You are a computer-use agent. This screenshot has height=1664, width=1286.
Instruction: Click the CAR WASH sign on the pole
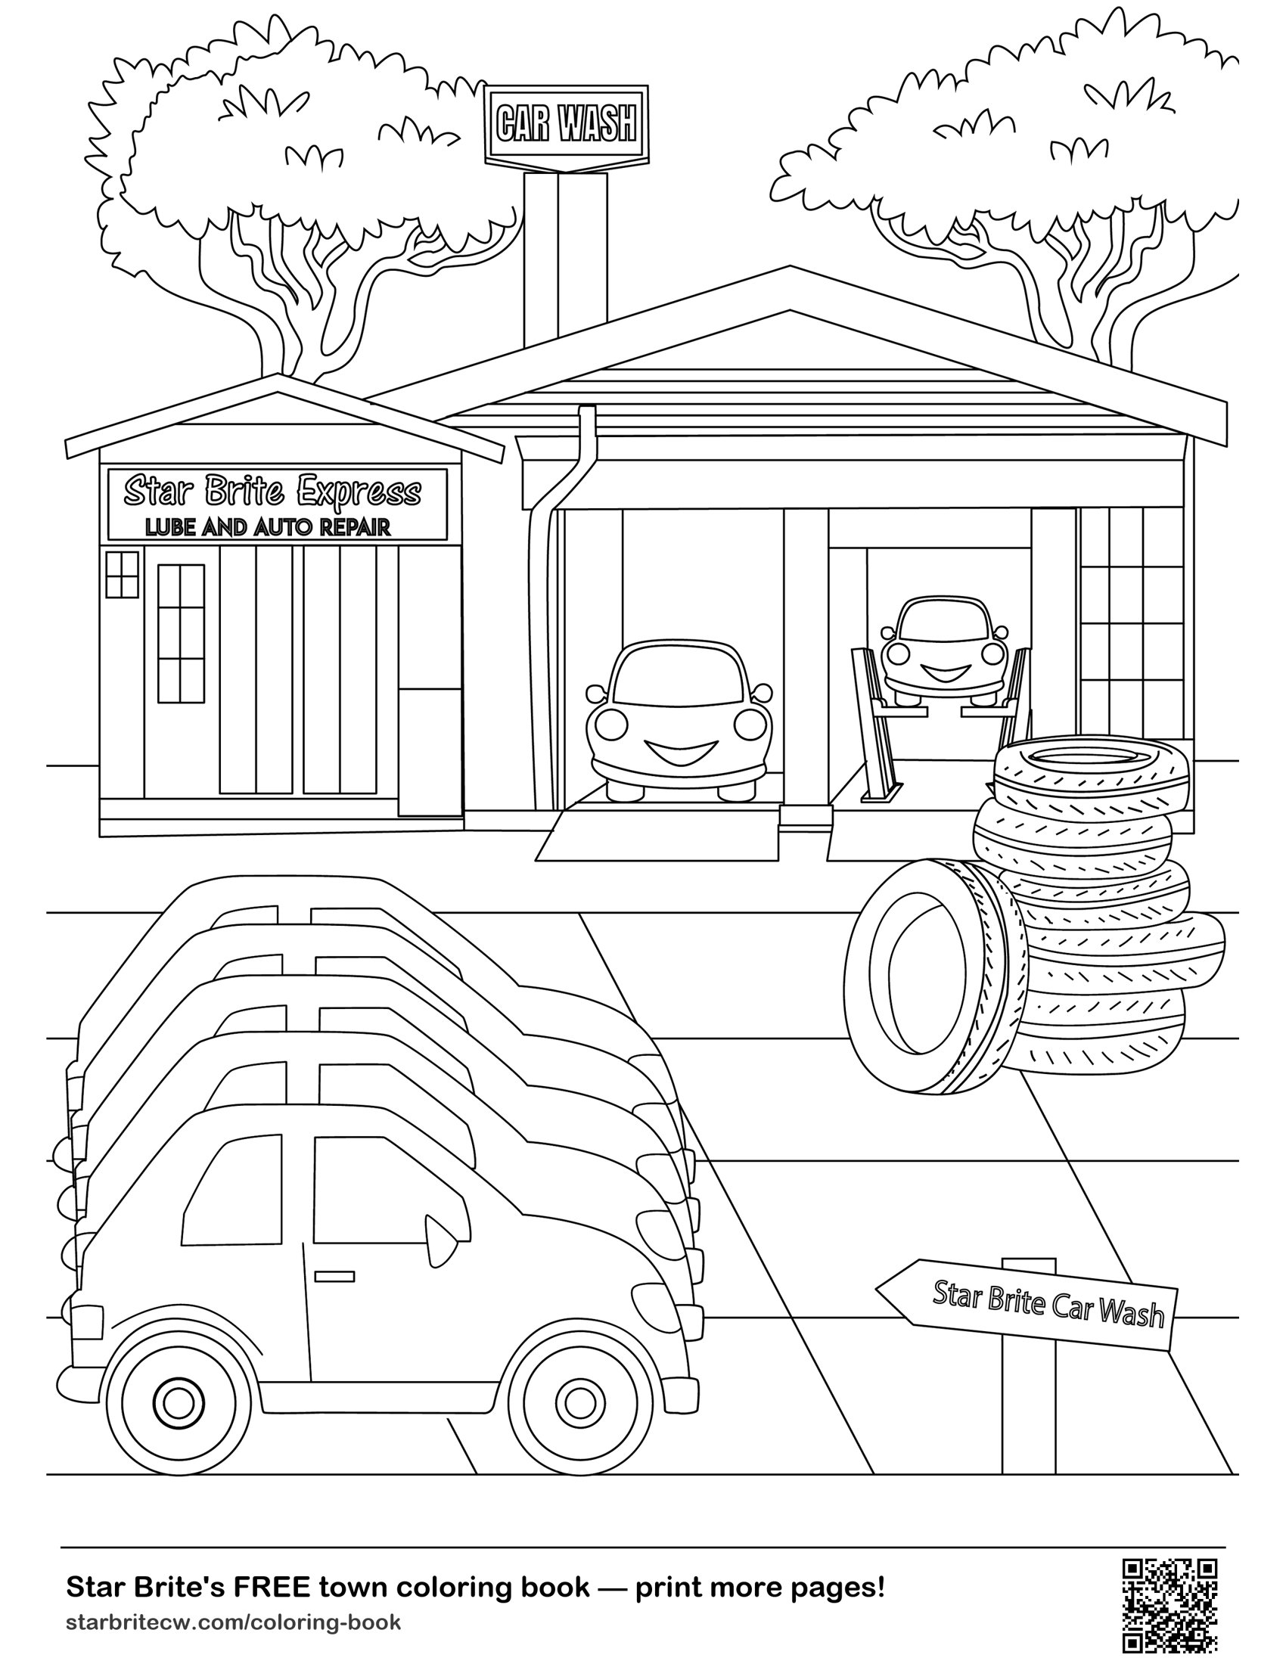pyautogui.click(x=567, y=123)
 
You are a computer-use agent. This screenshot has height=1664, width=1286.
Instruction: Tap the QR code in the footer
pyautogui.click(x=1170, y=1606)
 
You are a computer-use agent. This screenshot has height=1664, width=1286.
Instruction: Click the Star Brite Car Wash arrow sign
pyautogui.click(x=1027, y=1305)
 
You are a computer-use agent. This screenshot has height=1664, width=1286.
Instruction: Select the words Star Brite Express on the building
pyautogui.click(x=273, y=492)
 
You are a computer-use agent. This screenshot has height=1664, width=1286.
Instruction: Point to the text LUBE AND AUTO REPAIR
pyautogui.click(x=269, y=526)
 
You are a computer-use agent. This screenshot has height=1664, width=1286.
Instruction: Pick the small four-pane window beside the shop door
pyautogui.click(x=122, y=575)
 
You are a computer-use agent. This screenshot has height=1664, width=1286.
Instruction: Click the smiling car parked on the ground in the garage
pyautogui.click(x=679, y=720)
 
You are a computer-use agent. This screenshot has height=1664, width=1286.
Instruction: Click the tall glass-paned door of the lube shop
pyautogui.click(x=182, y=633)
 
